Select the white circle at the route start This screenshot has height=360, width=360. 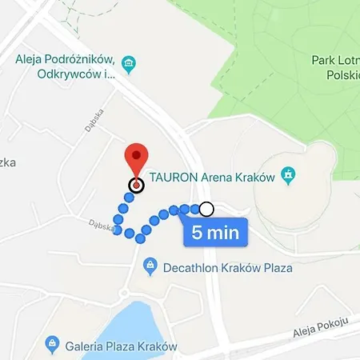206,210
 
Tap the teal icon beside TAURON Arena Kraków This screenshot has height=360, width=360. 290,175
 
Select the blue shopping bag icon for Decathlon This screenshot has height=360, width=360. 149,265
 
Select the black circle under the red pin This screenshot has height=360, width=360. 136,186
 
